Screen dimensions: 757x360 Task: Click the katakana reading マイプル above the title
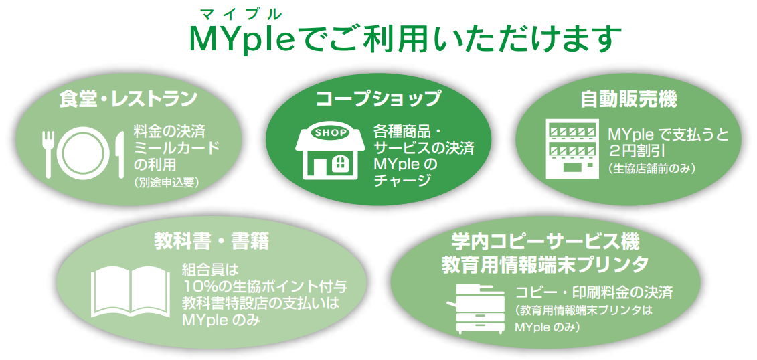(x=240, y=13)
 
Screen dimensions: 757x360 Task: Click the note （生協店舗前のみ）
(x=651, y=169)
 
